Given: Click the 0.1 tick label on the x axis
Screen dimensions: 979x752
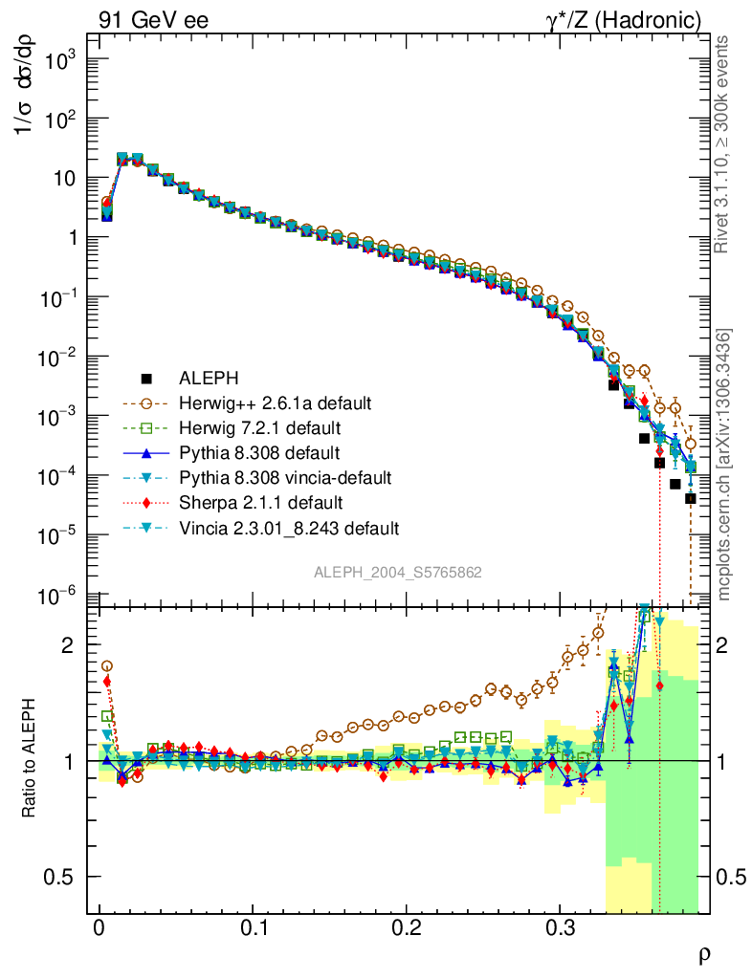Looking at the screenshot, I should (x=254, y=928).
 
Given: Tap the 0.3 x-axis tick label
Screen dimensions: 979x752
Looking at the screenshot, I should (x=560, y=928).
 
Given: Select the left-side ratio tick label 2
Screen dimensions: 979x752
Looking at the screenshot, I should (x=67, y=645).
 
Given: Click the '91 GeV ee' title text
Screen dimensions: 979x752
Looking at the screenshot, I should (x=154, y=20).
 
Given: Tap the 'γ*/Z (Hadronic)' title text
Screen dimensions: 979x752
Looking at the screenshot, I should (x=633, y=20).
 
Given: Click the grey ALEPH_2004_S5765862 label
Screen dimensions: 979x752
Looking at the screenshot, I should (x=398, y=572).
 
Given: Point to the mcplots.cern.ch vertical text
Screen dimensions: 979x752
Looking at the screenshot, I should (x=725, y=465).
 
